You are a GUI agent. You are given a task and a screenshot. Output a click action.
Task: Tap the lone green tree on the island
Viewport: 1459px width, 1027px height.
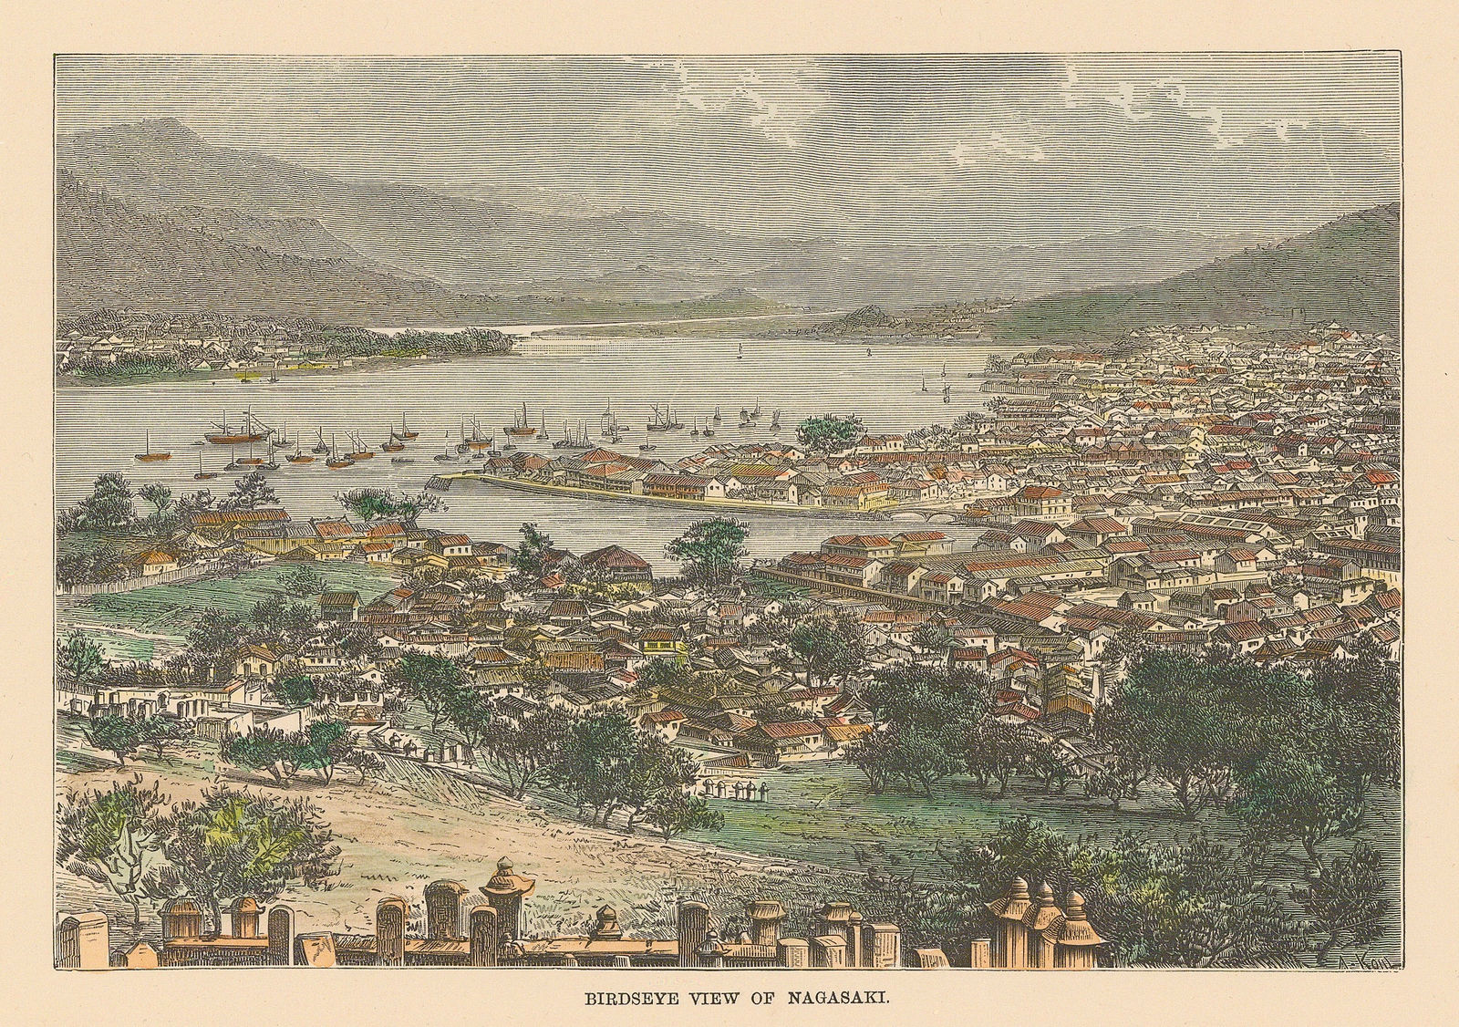pos(829,429)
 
